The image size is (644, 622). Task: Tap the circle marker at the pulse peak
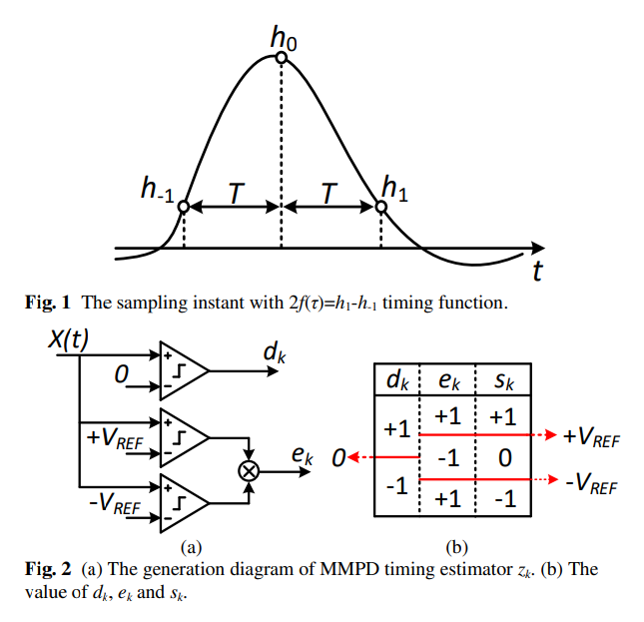(x=282, y=58)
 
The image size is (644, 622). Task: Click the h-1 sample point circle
(x=184, y=208)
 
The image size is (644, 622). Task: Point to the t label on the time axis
(x=536, y=270)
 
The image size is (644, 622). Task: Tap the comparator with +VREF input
(x=182, y=436)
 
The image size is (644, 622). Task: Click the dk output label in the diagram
(x=273, y=350)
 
